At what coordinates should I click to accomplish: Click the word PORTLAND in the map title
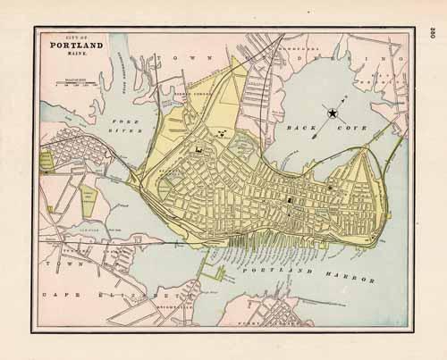(x=76, y=44)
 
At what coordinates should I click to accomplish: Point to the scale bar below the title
(x=76, y=84)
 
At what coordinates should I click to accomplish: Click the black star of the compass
(x=332, y=113)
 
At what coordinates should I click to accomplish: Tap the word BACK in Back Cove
(x=295, y=129)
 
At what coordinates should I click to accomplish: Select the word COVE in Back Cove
(x=327, y=129)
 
